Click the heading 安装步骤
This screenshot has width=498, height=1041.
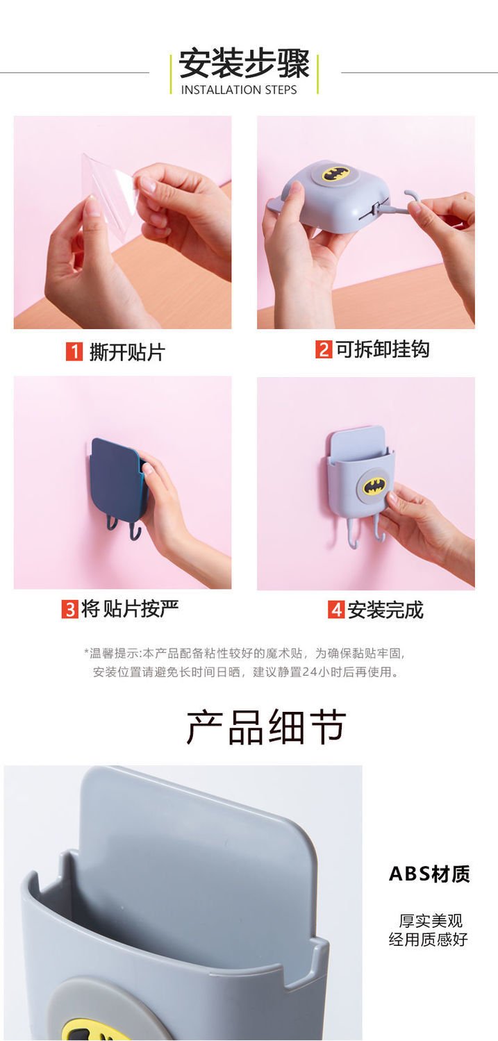(x=244, y=63)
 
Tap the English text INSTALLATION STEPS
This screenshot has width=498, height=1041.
(x=238, y=90)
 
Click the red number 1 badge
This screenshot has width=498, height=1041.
(x=74, y=352)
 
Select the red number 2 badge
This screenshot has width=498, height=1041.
(x=324, y=349)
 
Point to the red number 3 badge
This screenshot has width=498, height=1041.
(x=69, y=609)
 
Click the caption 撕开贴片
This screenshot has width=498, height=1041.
(x=127, y=352)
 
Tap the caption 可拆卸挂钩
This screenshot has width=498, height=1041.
(x=382, y=349)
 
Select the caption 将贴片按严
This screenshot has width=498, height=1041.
(x=130, y=609)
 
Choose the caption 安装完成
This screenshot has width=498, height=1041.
(x=385, y=610)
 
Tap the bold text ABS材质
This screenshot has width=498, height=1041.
(x=429, y=874)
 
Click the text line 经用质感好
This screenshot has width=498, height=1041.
(x=429, y=939)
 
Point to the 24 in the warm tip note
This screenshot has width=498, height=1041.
(x=309, y=672)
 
